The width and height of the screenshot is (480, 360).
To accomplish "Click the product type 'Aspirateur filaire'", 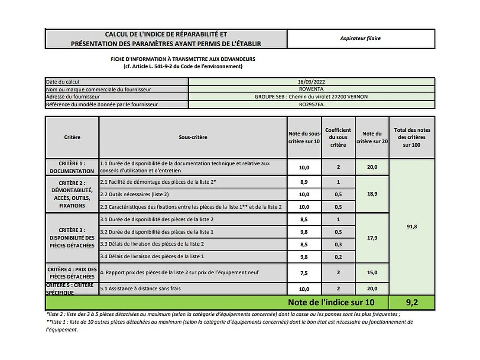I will (x=360, y=39).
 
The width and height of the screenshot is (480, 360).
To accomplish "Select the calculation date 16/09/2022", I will (x=311, y=81).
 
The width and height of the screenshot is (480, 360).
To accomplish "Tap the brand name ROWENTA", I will (x=311, y=89).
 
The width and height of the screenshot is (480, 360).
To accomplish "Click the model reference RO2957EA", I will (x=311, y=104).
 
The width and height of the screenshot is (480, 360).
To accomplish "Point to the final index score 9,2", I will (x=412, y=302).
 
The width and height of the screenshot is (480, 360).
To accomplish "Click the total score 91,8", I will (x=412, y=227).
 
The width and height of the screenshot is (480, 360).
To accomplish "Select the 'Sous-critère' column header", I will (x=193, y=137).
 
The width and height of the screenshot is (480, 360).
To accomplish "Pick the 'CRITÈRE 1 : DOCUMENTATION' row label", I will (x=72, y=167).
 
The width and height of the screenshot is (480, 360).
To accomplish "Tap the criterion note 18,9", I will (x=372, y=194).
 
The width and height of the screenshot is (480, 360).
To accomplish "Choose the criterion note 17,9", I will (x=372, y=238).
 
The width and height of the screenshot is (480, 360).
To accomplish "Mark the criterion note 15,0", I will (x=372, y=272).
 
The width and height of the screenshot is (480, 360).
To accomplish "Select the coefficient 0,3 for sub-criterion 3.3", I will (x=338, y=244).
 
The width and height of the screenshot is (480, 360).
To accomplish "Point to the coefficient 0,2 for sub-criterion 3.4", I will (x=338, y=257).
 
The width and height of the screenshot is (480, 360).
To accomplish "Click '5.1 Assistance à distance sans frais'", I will (x=140, y=289).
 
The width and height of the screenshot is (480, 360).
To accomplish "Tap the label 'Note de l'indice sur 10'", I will (x=331, y=302).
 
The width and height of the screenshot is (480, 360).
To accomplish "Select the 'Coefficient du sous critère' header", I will (x=338, y=137).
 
